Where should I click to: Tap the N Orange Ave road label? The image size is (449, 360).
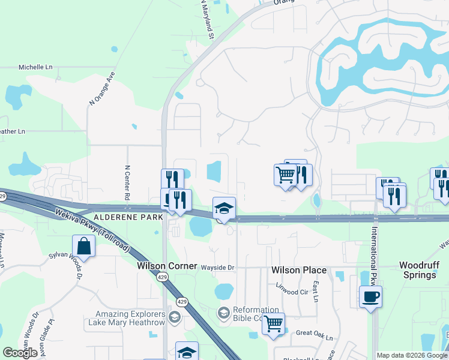(x=101, y=89)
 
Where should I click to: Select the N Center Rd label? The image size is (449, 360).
(x=127, y=182)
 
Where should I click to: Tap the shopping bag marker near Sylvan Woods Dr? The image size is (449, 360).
(x=83, y=246)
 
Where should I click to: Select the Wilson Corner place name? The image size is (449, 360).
(x=167, y=265)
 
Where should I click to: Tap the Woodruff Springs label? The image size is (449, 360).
(x=418, y=270)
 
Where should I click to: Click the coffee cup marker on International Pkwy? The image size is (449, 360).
(x=370, y=296)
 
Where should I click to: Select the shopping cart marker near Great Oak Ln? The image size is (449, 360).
(x=273, y=324)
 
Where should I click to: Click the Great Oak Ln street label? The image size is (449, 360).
(x=315, y=335)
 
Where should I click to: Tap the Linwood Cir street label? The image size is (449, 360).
(x=291, y=292)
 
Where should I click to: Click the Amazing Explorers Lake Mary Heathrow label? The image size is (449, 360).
(x=132, y=319)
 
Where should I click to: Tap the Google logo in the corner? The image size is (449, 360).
(x=20, y=353)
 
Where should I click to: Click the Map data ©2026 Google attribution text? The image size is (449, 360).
(x=412, y=355)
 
